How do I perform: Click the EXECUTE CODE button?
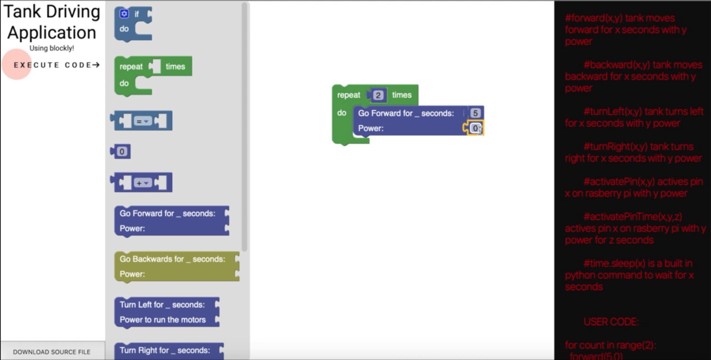click(56, 65)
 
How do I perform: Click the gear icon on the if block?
click(124, 14)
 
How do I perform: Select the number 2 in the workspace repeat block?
click(378, 96)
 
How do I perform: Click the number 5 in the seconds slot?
click(475, 113)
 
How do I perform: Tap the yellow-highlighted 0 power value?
click(475, 128)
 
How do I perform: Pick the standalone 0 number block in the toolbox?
click(122, 152)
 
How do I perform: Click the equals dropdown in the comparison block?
click(143, 121)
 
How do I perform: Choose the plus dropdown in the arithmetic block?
click(143, 183)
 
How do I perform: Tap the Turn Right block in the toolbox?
click(164, 351)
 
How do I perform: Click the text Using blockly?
click(52, 48)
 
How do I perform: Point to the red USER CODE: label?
click(611, 322)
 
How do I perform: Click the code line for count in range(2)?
click(610, 345)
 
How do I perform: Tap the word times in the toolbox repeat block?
click(175, 67)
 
